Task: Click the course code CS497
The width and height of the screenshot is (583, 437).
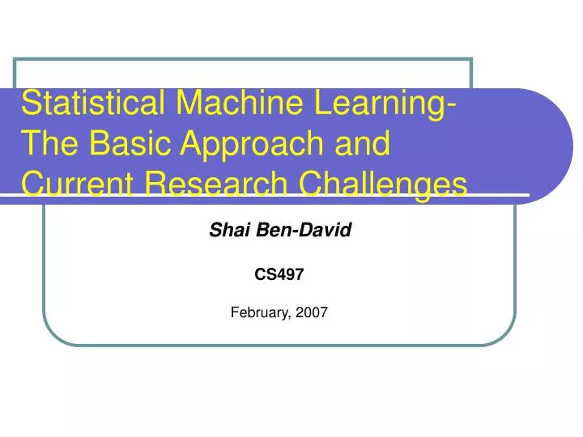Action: (x=279, y=274)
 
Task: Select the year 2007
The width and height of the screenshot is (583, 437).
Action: (x=312, y=312)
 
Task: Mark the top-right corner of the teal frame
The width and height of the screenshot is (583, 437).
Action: (x=471, y=60)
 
